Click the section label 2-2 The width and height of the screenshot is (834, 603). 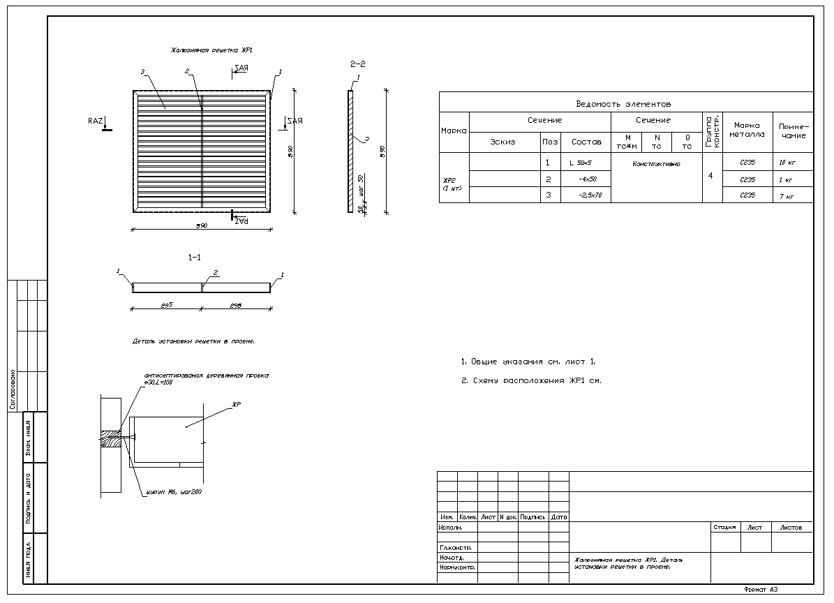357,64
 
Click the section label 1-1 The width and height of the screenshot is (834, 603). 195,258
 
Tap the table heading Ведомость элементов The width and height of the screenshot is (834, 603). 623,104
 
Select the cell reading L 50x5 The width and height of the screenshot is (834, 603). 581,163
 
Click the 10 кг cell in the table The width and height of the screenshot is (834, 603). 787,163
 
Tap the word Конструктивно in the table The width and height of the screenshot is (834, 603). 656,164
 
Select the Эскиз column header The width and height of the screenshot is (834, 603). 502,142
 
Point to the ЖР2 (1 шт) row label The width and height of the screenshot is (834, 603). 453,184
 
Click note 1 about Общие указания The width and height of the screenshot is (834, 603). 528,362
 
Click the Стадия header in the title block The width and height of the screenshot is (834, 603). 724,528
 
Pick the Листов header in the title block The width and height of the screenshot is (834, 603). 791,528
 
